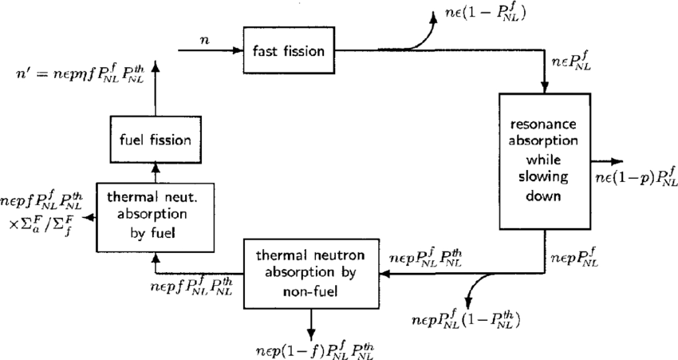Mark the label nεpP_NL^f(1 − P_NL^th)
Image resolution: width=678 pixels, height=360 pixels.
click(466, 320)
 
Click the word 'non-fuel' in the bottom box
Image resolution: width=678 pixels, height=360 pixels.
click(311, 291)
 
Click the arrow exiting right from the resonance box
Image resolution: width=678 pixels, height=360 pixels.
click(606, 159)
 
